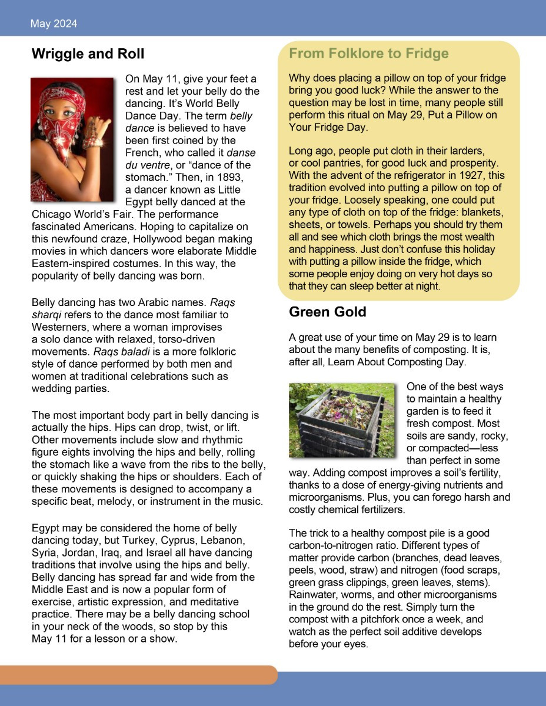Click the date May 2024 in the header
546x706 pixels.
54,24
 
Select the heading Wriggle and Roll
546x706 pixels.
88,55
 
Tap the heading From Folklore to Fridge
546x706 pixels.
368,54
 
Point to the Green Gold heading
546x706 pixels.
327,312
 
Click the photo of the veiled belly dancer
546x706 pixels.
72,139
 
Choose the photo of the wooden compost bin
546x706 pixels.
342,419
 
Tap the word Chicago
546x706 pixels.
51,214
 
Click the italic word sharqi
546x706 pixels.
46,314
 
